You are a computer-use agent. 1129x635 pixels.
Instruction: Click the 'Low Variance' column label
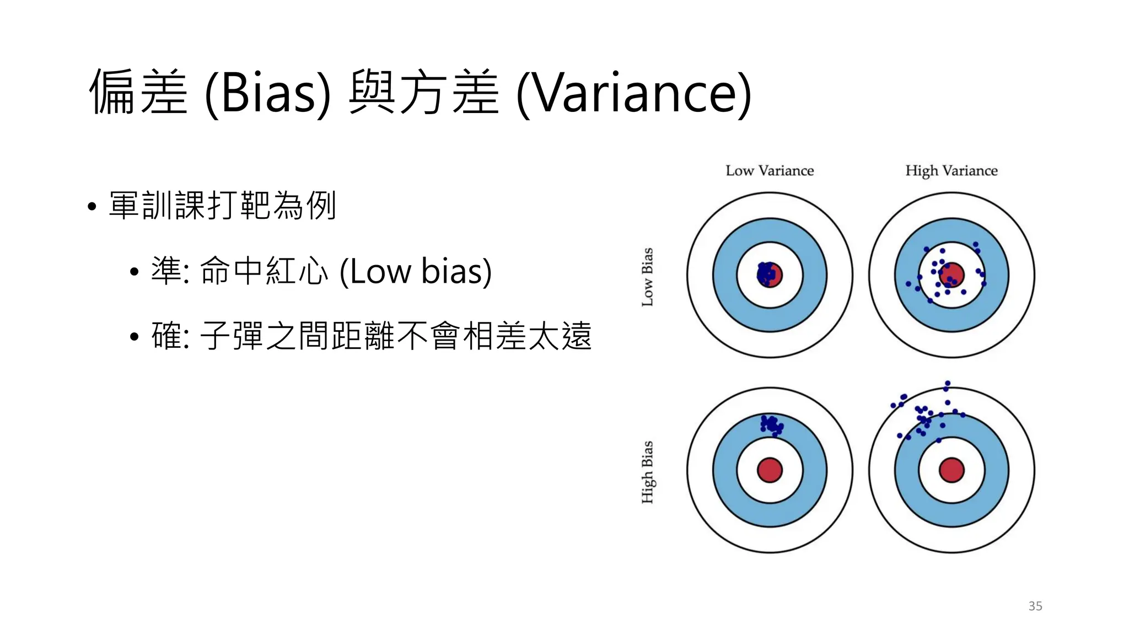[770, 171]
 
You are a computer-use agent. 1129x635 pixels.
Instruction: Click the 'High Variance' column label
[951, 171]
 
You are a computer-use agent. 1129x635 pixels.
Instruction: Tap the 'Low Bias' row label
[648, 277]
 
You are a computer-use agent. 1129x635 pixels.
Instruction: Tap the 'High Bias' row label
[648, 472]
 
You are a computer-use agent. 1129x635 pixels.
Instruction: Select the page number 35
[1035, 606]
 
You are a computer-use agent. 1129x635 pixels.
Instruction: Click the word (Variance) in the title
[634, 94]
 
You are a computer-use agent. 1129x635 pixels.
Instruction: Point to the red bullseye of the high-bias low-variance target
[770, 470]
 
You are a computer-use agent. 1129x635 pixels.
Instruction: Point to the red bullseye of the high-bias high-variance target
[951, 470]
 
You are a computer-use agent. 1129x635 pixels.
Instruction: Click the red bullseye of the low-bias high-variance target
[952, 274]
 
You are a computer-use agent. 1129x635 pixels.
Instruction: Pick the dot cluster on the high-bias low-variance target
[771, 425]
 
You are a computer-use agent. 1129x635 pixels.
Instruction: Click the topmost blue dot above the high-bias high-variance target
[948, 383]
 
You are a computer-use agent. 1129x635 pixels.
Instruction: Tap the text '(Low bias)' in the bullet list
[416, 271]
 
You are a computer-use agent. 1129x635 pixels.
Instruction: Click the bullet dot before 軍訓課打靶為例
[92, 207]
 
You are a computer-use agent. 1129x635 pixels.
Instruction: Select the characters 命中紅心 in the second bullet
[264, 271]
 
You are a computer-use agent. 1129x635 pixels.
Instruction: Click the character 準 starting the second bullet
[166, 271]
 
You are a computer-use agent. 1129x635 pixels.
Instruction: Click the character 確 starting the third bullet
[166, 336]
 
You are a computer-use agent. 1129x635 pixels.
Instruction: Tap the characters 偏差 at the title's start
[138, 93]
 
